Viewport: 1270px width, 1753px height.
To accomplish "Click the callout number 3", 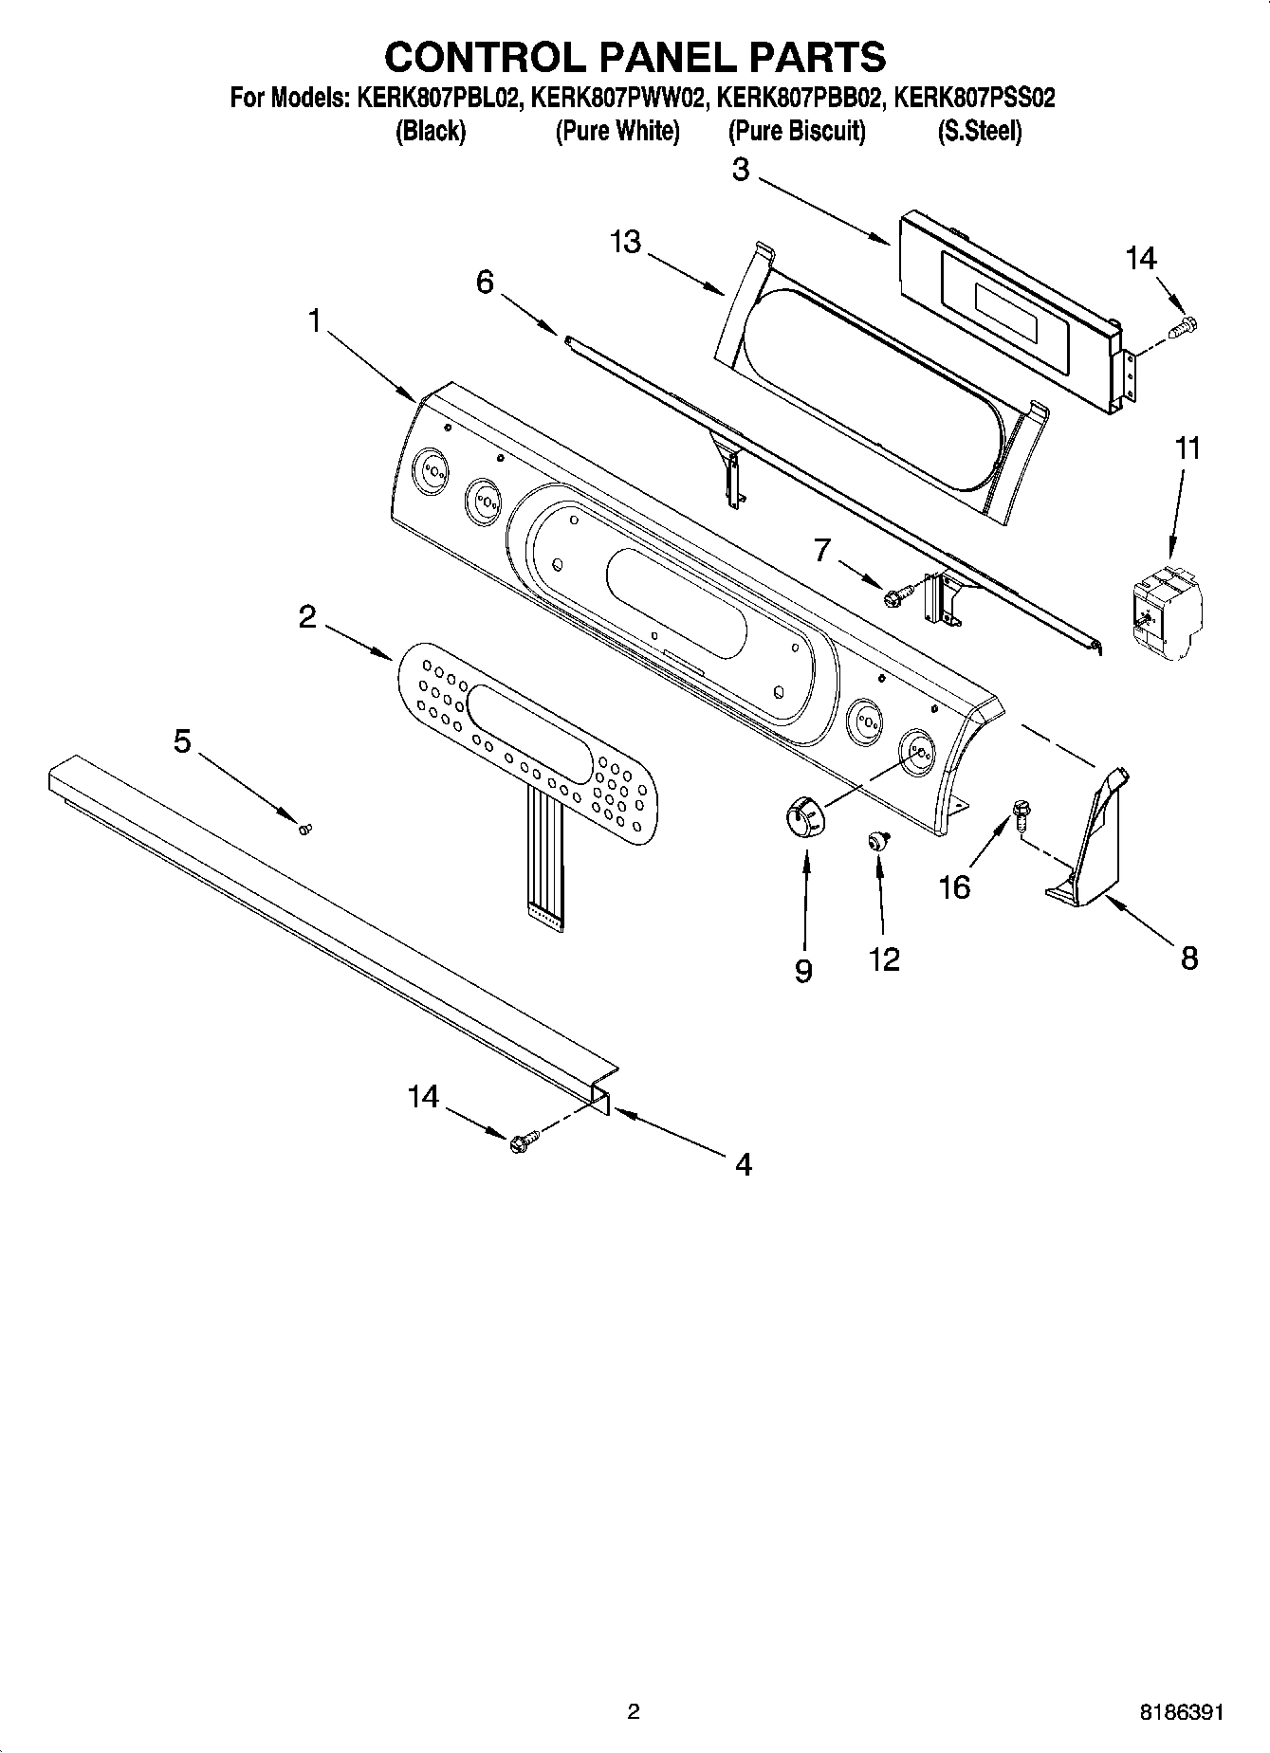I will pos(741,171).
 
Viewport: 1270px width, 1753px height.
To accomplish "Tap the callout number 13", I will pos(626,243).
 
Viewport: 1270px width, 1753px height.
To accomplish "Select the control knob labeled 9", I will pos(806,816).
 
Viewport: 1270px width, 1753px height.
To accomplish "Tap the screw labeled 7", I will pos(895,596).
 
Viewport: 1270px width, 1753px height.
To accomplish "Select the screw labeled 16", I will pos(1021,813).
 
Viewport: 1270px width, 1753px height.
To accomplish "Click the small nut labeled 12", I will pos(878,839).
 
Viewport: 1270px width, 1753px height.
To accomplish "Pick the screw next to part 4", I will pos(523,1141).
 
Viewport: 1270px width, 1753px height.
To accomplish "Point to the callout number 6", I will pos(485,282).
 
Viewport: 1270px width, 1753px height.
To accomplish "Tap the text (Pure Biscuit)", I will pos(797,131).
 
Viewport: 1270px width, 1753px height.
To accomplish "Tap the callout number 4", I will pos(743,1164).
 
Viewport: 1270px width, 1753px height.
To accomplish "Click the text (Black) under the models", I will pos(430,131).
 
